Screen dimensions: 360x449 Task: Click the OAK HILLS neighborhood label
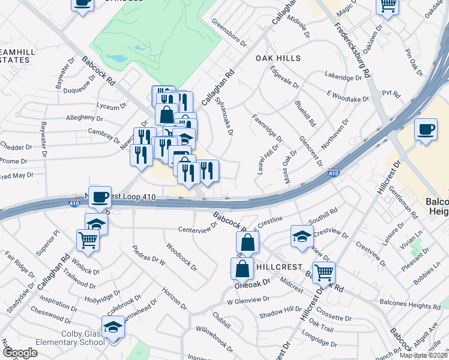(278, 58)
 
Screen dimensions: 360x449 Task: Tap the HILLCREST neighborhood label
(279, 265)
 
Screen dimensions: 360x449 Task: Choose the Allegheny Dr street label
(89, 116)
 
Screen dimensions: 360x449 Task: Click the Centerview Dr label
(197, 227)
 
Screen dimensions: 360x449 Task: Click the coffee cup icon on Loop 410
(100, 196)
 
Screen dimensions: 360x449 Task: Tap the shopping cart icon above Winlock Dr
(88, 240)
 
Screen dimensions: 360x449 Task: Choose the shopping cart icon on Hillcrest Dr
(324, 272)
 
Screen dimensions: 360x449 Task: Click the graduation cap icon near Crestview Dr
(302, 236)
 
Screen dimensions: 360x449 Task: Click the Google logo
(20, 353)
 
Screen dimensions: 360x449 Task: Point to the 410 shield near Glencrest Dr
(334, 173)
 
